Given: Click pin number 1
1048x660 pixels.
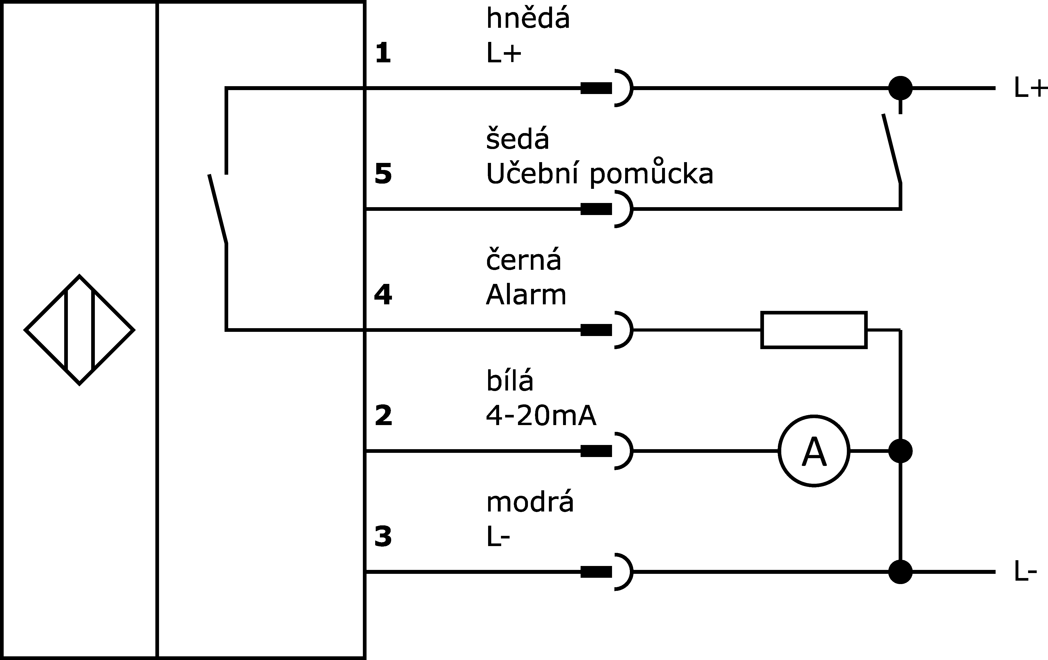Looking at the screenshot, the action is (x=383, y=53).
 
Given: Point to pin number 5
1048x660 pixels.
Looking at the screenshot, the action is (x=383, y=174).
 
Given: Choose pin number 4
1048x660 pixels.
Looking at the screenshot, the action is (x=383, y=295).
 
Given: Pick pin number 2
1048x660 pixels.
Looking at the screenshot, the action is (x=383, y=416).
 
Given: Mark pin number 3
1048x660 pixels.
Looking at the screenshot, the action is (x=383, y=537).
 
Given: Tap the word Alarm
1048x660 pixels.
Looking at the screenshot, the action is (x=526, y=295).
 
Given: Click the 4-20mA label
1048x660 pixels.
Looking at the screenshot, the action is (x=541, y=415).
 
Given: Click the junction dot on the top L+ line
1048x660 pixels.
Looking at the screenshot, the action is (x=900, y=88).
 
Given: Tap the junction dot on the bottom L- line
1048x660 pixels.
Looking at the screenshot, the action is (x=900, y=572).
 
